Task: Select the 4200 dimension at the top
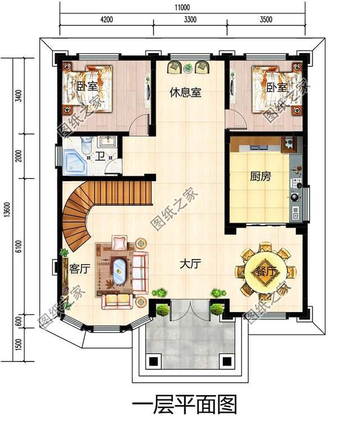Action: [106, 19]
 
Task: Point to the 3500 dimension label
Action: [265, 19]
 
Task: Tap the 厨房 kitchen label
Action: [260, 176]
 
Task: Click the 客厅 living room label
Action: [79, 269]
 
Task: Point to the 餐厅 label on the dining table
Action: [265, 271]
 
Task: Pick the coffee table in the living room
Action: [119, 272]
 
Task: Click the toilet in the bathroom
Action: [86, 145]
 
